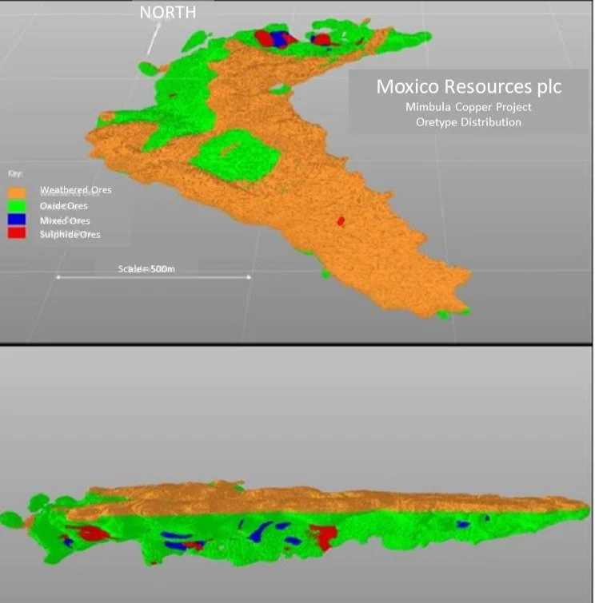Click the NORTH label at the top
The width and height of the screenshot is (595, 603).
(167, 12)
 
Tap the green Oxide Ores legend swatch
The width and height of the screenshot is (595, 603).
(17, 206)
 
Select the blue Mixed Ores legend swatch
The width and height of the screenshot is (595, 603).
(17, 220)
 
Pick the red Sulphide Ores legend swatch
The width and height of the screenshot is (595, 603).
(17, 234)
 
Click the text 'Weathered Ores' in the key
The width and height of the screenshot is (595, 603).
(76, 190)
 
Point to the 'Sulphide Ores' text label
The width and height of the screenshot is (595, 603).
(70, 235)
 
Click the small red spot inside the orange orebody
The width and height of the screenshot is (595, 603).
(340, 221)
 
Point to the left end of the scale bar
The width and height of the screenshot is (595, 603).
(58, 277)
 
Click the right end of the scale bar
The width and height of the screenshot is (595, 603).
(250, 277)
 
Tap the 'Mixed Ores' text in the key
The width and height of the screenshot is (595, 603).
(65, 220)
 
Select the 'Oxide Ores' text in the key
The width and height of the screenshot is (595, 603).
(65, 206)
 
